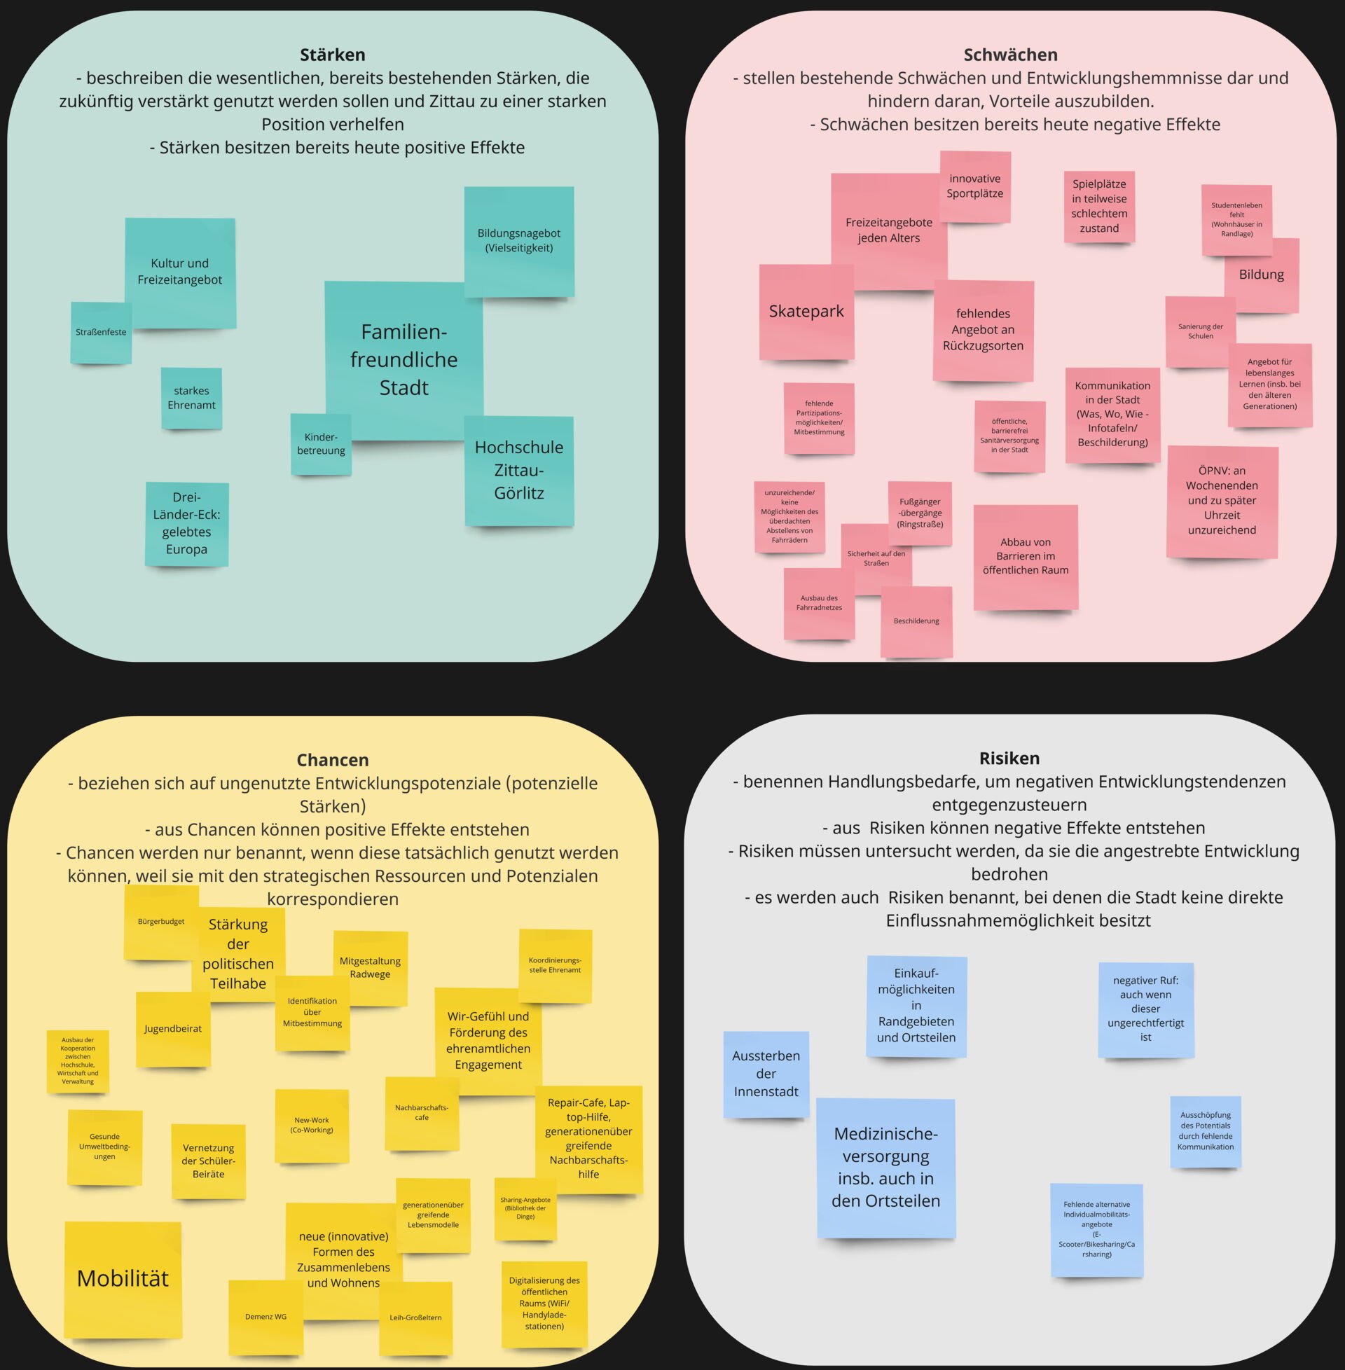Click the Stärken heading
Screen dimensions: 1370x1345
click(332, 55)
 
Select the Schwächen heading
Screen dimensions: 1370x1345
click(1010, 55)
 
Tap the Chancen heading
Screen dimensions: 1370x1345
click(332, 760)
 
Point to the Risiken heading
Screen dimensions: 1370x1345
click(1009, 759)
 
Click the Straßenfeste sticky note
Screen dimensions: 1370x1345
click(101, 333)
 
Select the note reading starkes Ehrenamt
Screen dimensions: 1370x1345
click(191, 399)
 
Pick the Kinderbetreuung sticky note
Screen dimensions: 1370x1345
click(321, 444)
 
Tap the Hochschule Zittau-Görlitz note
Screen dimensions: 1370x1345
click(518, 470)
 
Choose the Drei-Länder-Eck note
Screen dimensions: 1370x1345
click(186, 523)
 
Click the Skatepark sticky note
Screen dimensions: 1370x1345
click(806, 312)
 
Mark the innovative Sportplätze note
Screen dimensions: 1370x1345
click(975, 186)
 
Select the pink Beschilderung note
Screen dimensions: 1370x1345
click(916, 621)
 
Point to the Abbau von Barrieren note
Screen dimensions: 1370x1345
click(1025, 556)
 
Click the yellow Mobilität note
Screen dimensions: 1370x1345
click(123, 1279)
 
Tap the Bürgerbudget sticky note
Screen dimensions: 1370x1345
click(161, 922)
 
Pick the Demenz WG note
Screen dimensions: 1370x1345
click(265, 1317)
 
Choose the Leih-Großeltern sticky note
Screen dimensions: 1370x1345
click(415, 1317)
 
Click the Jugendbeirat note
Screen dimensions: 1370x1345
click(173, 1029)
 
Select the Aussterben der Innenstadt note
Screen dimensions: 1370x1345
click(766, 1074)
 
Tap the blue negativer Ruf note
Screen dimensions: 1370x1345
click(1145, 1009)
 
